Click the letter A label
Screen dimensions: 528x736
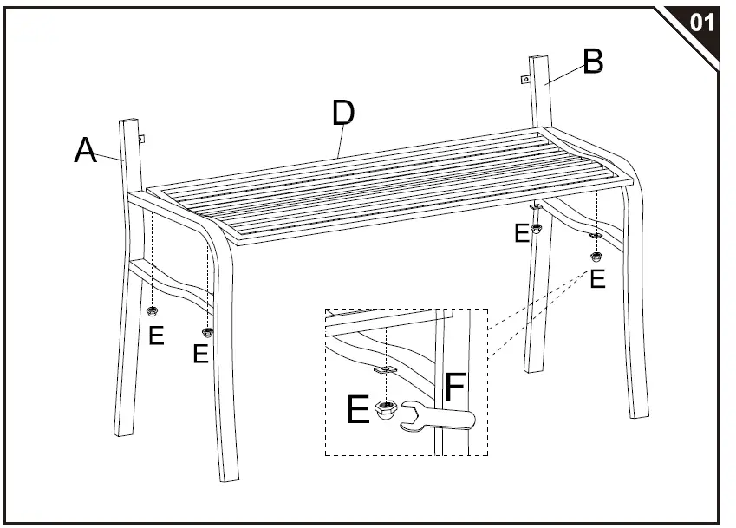(x=85, y=151)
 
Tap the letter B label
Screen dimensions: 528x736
(x=593, y=62)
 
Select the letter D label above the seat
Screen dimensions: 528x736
(x=343, y=114)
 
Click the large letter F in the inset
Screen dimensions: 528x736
(x=456, y=388)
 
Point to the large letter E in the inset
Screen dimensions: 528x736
(x=358, y=410)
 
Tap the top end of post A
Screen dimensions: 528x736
(x=131, y=121)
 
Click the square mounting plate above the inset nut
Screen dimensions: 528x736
(x=382, y=370)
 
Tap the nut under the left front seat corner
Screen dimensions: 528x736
(x=207, y=332)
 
